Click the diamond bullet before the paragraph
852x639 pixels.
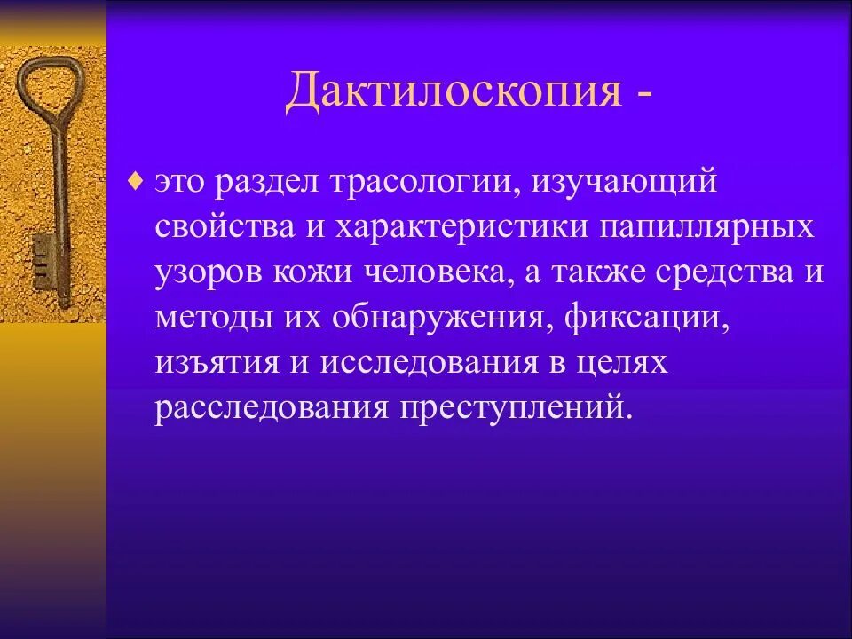pos(135,182)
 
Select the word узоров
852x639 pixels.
pos(201,272)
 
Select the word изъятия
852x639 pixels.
pos(209,363)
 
